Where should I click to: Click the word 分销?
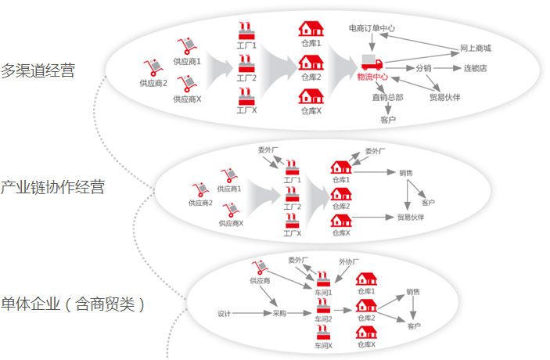pyautogui.click(x=423, y=68)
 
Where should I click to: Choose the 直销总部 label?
pyautogui.click(x=387, y=98)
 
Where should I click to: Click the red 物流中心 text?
pyautogui.click(x=372, y=77)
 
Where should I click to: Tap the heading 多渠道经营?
pyautogui.click(x=38, y=70)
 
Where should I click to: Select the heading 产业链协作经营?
pyautogui.click(x=52, y=187)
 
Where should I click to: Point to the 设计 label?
pyautogui.click(x=224, y=314)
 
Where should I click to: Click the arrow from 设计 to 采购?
pyautogui.click(x=251, y=314)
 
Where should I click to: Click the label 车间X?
pyautogui.click(x=324, y=345)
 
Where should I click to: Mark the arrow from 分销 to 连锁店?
pyautogui.click(x=448, y=68)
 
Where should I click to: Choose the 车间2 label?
pyautogui.click(x=324, y=319)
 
